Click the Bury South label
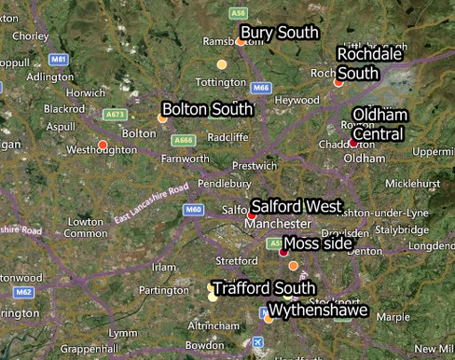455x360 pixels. coord(280,33)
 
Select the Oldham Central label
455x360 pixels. coord(379,124)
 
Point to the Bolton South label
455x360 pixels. coord(207,109)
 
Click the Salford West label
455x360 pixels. coord(296,206)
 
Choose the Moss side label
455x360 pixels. coord(317,243)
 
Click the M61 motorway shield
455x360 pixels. coord(60,59)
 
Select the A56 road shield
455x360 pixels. coord(239,13)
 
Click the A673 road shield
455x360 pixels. coord(115,115)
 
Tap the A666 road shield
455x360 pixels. coord(183,141)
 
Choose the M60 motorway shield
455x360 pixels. coord(193,210)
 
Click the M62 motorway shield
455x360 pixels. coord(24,292)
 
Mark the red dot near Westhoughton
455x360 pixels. coord(103,144)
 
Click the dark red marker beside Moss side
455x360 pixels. coord(283,252)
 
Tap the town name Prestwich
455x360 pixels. coord(255,165)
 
